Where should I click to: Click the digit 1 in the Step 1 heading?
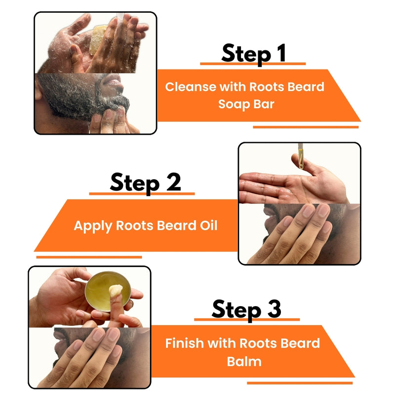pos(281,53)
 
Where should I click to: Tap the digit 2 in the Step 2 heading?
pos(174,182)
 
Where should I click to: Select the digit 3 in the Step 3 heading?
pos(274,309)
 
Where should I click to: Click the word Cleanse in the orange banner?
pos(191,87)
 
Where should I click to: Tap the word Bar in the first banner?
pos(264,104)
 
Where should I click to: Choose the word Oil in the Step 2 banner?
pos(208,226)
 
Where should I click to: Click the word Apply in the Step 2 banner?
pos(93,226)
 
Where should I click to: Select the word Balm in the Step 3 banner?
pos(244,361)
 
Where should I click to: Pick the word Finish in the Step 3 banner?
pos(184,343)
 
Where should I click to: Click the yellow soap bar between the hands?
pos(98,39)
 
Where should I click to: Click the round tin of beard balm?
pos(108,291)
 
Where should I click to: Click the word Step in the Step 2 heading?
pos(135,183)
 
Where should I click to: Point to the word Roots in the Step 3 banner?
pos(258,343)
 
